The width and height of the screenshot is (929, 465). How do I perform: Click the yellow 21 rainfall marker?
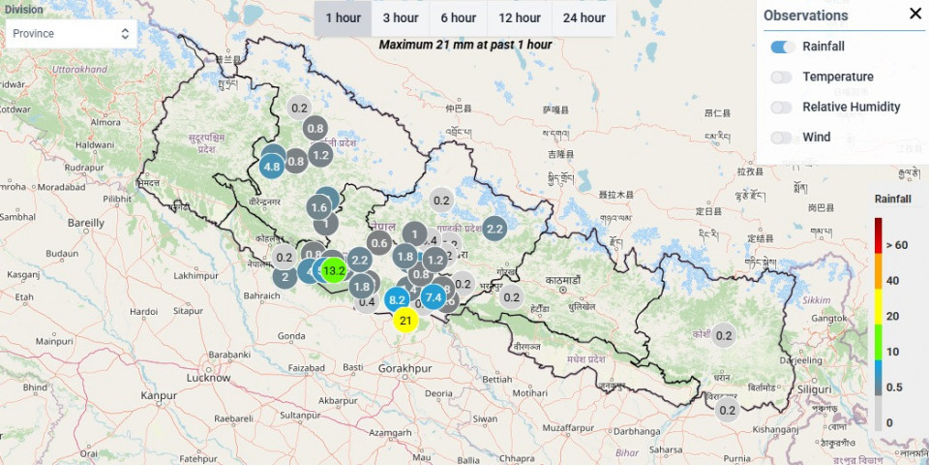[405, 321]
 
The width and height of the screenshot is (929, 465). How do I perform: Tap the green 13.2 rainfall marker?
[334, 270]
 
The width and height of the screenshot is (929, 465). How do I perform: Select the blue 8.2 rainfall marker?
[397, 300]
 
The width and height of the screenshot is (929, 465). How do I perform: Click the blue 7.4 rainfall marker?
[433, 297]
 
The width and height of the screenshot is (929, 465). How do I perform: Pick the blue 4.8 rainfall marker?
[272, 166]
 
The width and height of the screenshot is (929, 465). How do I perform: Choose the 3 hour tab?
[400, 17]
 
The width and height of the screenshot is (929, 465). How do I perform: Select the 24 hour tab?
[584, 17]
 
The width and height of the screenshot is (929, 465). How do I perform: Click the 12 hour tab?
[520, 17]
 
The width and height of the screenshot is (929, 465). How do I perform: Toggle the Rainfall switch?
[783, 46]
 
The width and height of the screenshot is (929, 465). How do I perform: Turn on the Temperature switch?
[783, 77]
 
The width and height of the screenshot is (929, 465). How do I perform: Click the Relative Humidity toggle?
[783, 107]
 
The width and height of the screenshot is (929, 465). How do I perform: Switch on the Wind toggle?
[783, 138]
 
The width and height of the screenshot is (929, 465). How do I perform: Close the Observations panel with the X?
[915, 14]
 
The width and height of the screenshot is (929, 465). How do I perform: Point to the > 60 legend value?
[895, 245]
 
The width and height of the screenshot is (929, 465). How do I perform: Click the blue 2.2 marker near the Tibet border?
[494, 229]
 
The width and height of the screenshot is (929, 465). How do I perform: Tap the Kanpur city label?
[159, 395]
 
